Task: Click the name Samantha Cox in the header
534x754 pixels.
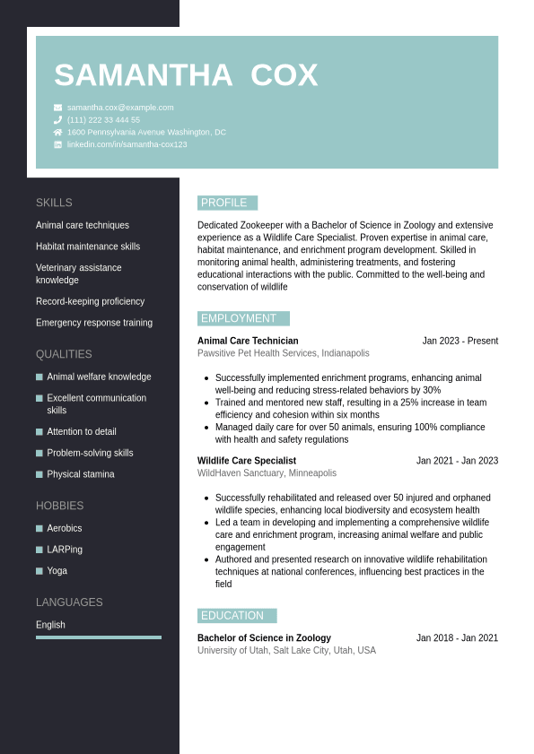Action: [186, 75]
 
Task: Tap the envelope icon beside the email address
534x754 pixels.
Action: [58, 108]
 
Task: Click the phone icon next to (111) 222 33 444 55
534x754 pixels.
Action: [58, 120]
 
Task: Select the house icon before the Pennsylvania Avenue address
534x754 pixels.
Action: [58, 132]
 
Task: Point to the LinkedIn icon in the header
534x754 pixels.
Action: [58, 144]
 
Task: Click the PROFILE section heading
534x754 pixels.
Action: [227, 203]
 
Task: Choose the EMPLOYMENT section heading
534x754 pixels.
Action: [242, 318]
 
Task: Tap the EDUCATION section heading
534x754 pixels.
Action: [236, 616]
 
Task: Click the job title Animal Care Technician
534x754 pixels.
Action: [248, 341]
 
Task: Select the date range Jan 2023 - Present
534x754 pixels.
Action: [460, 341]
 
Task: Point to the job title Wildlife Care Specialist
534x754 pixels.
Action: [246, 461]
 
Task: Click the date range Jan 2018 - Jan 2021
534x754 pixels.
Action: [457, 638]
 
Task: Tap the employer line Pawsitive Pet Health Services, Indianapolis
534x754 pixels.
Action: [283, 353]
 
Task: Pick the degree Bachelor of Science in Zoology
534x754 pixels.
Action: [264, 638]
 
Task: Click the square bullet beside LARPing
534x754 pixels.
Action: [39, 550]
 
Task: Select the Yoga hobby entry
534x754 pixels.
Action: [57, 571]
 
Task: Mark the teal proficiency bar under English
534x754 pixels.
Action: [99, 637]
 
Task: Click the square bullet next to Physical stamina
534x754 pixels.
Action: [39, 474]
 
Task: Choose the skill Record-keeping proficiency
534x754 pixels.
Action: [90, 301]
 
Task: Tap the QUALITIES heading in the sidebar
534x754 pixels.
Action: [64, 354]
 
